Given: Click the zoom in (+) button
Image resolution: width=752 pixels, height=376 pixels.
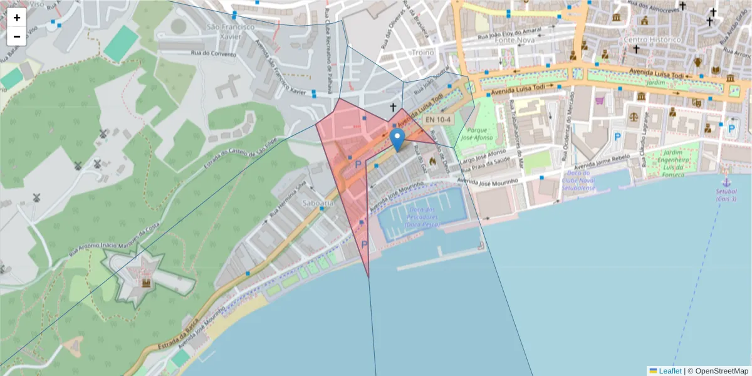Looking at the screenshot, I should [17, 18].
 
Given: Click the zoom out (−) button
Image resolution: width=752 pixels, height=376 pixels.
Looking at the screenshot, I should [17, 36].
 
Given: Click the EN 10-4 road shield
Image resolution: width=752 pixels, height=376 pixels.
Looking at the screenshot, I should [438, 119].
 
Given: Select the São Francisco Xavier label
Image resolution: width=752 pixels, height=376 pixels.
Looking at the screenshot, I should [231, 32].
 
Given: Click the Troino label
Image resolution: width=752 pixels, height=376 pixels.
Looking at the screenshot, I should [423, 53].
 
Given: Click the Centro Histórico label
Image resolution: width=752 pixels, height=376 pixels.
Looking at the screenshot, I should [652, 39].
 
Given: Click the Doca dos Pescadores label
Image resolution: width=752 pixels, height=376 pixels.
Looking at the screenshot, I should [422, 216].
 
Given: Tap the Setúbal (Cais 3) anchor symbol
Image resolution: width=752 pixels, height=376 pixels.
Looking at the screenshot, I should [727, 172].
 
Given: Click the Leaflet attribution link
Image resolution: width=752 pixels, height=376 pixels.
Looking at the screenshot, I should [670, 371].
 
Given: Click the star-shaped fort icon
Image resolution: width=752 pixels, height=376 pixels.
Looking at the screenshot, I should [146, 283].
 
